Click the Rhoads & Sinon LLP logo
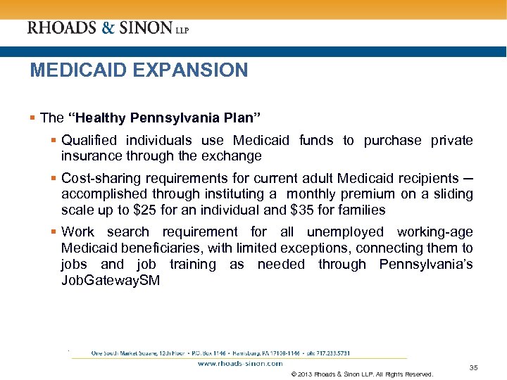pyautogui.click(x=108, y=28)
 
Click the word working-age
pyautogui.click(x=434, y=232)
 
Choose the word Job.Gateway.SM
pyautogui.click(x=111, y=281)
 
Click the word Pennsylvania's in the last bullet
pyautogui.click(x=425, y=265)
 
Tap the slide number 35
pyautogui.click(x=473, y=367)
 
